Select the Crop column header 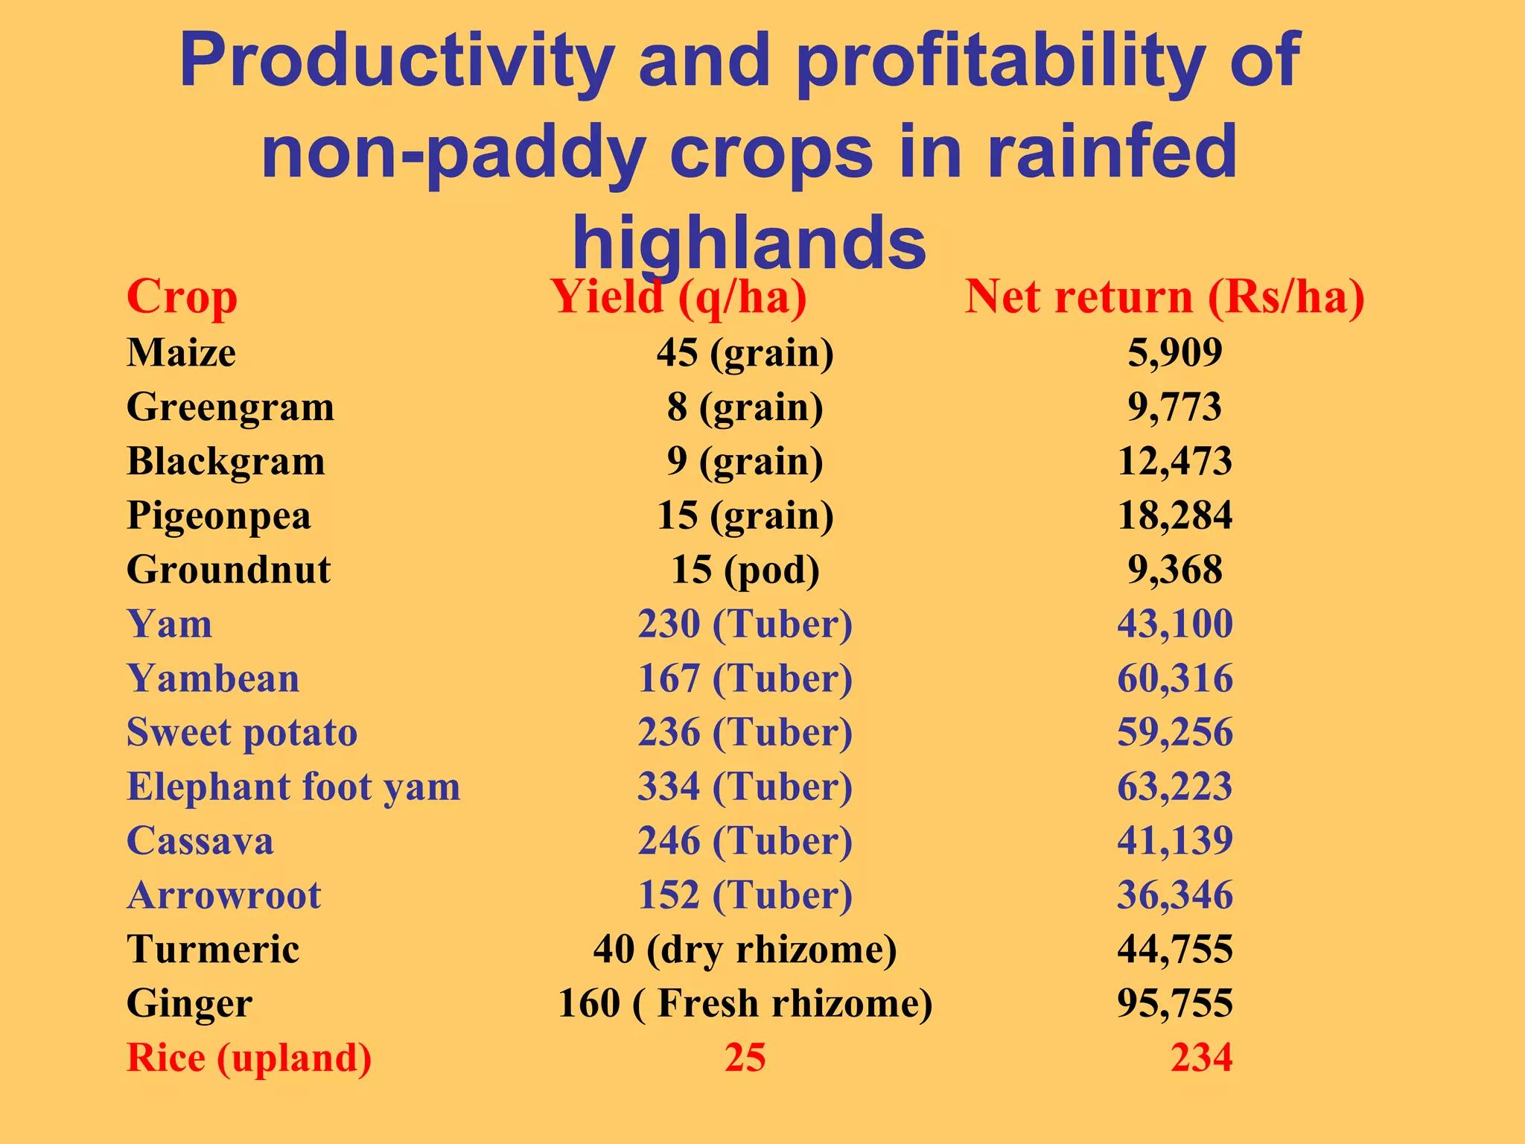pos(182,297)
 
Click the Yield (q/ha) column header pos(678,297)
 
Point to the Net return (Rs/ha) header pos(1165,297)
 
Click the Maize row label pos(181,352)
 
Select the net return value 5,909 pos(1174,352)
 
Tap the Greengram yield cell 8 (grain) pos(745,407)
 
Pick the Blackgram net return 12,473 pos(1174,461)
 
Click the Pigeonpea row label pos(218,515)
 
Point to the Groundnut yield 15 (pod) pos(745,570)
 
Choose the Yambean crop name pos(213,679)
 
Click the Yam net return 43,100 pos(1174,624)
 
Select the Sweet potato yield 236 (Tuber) pos(745,733)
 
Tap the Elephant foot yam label pos(293,787)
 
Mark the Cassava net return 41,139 pos(1174,841)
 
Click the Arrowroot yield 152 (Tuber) pos(745,895)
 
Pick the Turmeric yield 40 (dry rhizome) pos(745,950)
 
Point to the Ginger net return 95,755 pos(1174,1003)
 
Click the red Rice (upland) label pos(249,1058)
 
